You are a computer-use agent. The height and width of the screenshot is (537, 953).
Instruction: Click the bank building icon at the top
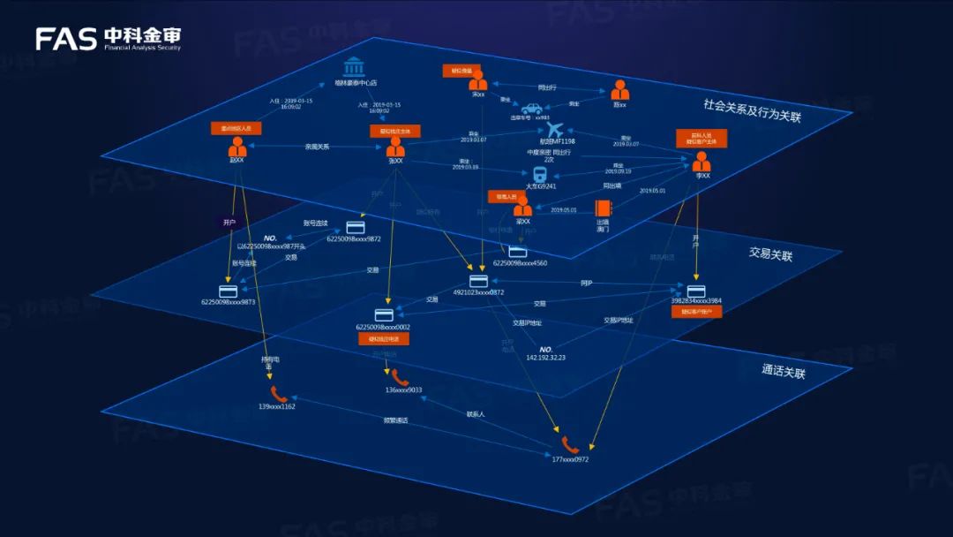click(x=356, y=67)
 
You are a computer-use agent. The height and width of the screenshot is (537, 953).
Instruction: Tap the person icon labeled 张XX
click(x=395, y=147)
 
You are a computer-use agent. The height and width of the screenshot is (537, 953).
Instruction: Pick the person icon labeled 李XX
click(x=702, y=162)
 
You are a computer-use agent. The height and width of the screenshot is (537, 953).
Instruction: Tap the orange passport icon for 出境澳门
click(x=603, y=208)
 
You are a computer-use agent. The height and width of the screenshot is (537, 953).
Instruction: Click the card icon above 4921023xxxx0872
click(x=479, y=281)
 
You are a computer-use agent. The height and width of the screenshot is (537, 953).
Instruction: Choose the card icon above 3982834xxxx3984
click(x=695, y=291)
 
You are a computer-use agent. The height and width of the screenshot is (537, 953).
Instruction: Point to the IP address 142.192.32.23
click(x=545, y=357)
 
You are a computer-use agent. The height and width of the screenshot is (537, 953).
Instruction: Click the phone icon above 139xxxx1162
click(x=278, y=394)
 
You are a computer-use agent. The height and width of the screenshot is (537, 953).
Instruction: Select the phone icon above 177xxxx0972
click(x=569, y=445)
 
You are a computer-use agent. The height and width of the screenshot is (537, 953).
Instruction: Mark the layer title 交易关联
click(x=770, y=254)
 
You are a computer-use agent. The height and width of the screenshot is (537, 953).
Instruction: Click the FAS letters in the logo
click(x=66, y=38)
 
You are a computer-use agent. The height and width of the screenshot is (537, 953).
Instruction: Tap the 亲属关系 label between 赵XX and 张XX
click(x=317, y=147)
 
